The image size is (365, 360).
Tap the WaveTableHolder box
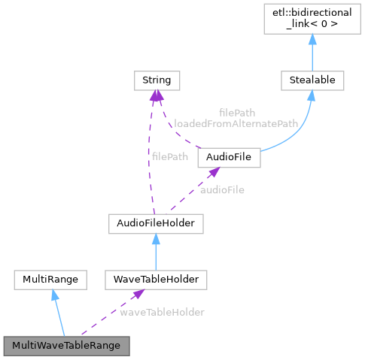155,280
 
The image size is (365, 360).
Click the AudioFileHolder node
155,223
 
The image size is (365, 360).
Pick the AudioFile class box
228,158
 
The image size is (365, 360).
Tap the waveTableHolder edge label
162,311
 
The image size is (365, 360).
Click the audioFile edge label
222,190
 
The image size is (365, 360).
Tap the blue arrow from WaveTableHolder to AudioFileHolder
155,253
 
